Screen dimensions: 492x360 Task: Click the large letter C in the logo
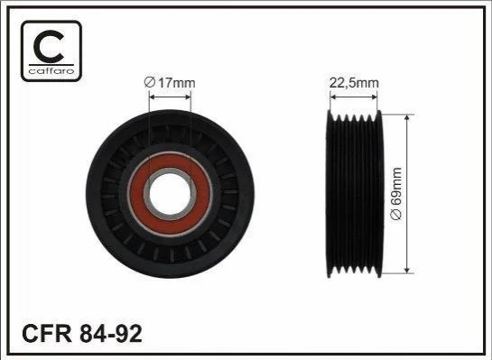48,46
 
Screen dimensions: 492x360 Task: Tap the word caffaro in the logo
51,71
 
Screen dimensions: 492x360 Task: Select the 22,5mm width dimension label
354,83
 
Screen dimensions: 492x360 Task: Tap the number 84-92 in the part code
111,334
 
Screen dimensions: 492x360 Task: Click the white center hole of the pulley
170,193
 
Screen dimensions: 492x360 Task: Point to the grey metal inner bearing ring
170,171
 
